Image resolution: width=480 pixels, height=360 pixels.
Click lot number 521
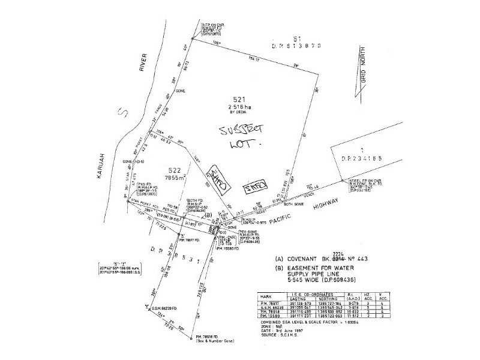241,98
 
